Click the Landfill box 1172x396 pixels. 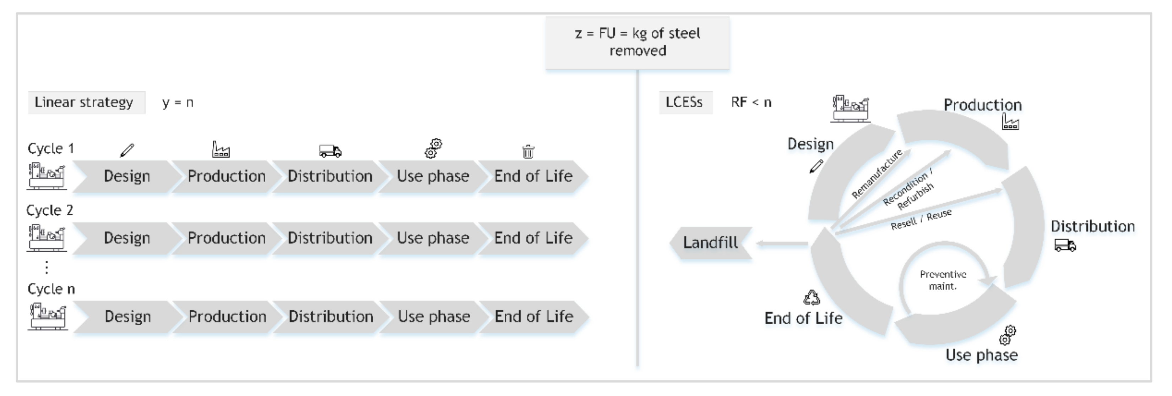[x=711, y=243]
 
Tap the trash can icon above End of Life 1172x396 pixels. [x=528, y=151]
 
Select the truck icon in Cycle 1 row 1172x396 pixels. [x=330, y=151]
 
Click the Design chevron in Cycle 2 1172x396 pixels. [x=126, y=238]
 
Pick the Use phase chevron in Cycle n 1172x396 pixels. [x=433, y=317]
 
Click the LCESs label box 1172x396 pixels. [x=685, y=102]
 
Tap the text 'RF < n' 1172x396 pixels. [x=751, y=102]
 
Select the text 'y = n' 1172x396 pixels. [x=178, y=103]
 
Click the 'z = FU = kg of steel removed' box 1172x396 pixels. [x=637, y=42]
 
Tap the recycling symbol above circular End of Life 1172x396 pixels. [x=812, y=298]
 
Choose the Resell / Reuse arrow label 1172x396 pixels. [x=921, y=220]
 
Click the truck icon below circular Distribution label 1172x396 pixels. [x=1065, y=246]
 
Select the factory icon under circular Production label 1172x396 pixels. [x=1010, y=122]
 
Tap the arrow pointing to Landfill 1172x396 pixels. [x=781, y=244]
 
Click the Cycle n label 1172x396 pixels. [x=51, y=289]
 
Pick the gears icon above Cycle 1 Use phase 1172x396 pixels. [x=433, y=149]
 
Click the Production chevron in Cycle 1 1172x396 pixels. [x=226, y=176]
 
